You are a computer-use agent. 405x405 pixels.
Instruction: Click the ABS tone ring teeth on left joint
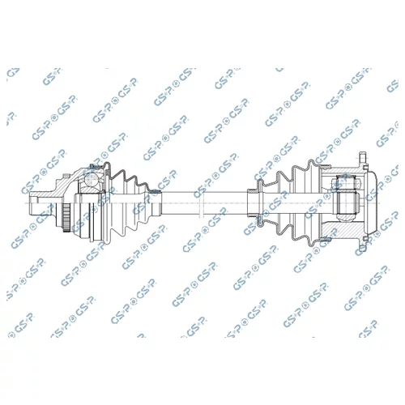(x=66, y=217)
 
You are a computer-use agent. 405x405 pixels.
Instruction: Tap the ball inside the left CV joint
(x=91, y=179)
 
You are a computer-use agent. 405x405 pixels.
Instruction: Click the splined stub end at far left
(x=33, y=203)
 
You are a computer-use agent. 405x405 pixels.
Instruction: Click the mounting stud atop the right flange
(x=363, y=157)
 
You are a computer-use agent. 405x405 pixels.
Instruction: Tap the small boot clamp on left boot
(x=156, y=192)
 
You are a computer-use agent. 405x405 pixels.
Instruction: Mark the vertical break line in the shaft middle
(x=200, y=203)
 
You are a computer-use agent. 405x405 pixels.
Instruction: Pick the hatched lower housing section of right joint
(x=343, y=229)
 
